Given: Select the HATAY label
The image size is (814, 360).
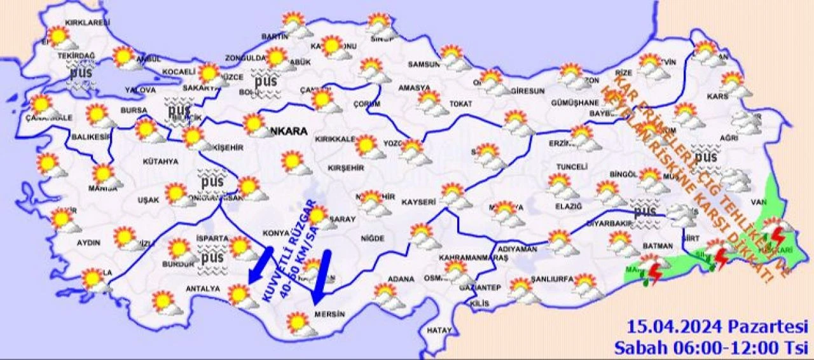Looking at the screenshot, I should [439, 331].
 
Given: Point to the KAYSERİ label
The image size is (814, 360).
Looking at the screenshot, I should [419, 202].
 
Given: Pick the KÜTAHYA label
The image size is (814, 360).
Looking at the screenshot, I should [160, 162].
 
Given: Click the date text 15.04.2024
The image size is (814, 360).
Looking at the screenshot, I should [675, 328].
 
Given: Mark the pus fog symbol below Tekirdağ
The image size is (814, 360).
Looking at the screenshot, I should [81, 73].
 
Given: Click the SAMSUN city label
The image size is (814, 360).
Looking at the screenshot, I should [424, 64].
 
